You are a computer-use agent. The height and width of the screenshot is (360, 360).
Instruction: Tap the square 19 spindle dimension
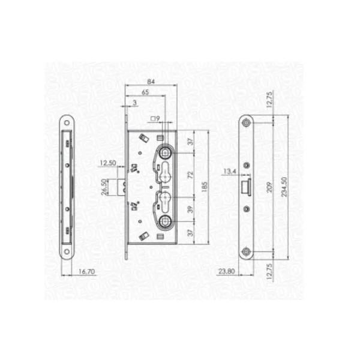tap(155, 119)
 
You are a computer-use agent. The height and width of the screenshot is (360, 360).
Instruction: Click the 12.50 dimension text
tap(108, 163)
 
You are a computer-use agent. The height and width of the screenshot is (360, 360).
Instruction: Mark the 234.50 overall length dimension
tap(292, 187)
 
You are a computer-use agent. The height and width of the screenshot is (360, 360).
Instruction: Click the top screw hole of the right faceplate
tap(247, 122)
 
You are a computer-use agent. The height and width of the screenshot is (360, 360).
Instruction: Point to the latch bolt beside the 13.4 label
tap(245, 187)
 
